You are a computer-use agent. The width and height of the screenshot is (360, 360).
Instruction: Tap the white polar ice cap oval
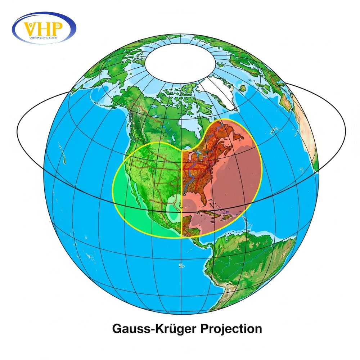(x=180, y=61)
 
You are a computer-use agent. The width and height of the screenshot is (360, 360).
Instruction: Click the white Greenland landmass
(x=220, y=90)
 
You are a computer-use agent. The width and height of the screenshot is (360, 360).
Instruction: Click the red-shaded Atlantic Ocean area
(x=238, y=180)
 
